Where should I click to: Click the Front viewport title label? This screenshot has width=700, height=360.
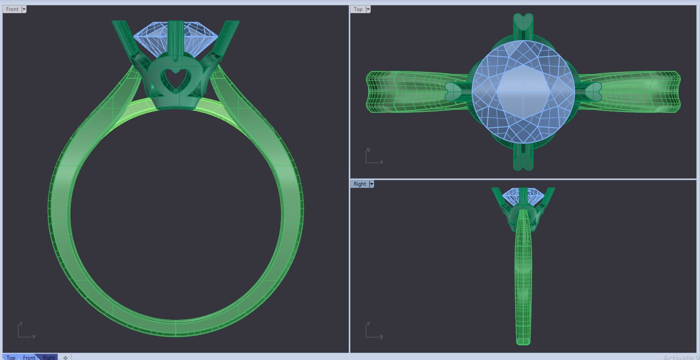(12, 9)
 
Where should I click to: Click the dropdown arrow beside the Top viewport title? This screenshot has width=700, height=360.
(368, 9)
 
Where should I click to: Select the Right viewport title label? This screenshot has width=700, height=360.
(359, 184)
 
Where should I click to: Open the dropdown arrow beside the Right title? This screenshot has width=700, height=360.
(372, 184)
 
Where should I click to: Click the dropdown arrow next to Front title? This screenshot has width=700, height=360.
(24, 9)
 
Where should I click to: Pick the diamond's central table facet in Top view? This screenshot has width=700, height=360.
(523, 91)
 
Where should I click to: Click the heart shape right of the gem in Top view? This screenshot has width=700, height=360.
(594, 92)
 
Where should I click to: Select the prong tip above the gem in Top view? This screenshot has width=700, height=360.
(523, 22)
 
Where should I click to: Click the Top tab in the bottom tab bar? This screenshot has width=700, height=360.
(11, 357)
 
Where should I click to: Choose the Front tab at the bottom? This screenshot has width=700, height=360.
(29, 357)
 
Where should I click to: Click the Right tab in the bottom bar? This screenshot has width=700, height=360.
(49, 357)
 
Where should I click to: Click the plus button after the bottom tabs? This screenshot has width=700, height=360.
(66, 357)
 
